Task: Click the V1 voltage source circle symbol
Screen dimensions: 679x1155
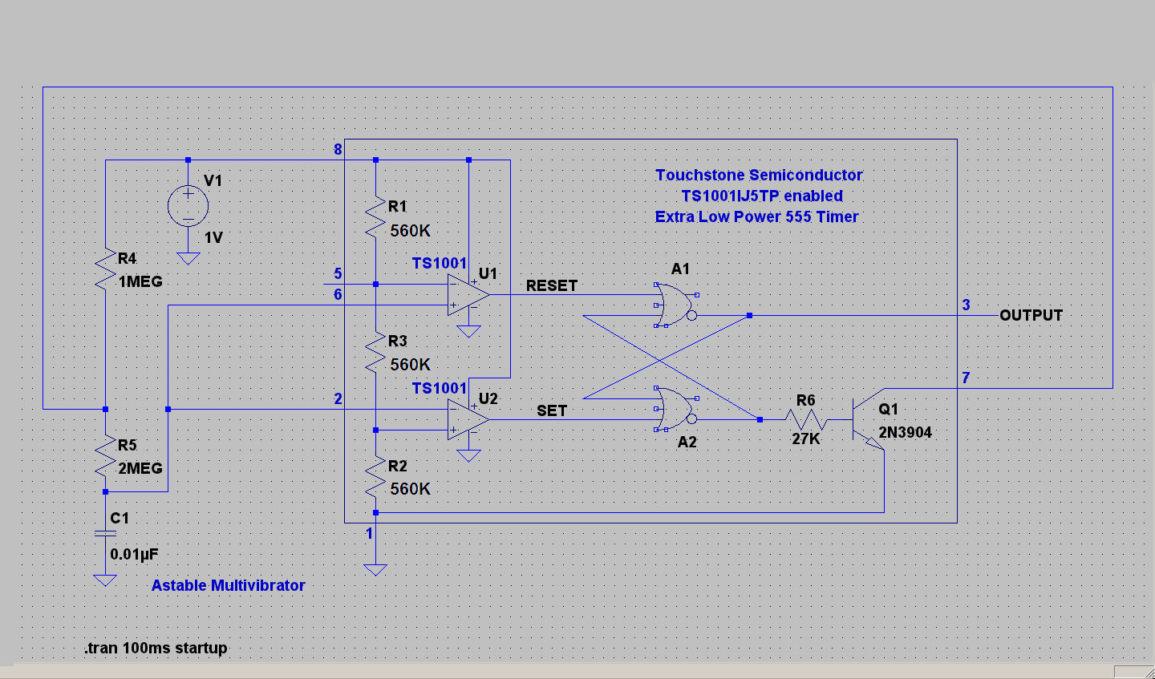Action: (x=188, y=207)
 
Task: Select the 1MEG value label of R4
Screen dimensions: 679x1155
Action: (x=140, y=281)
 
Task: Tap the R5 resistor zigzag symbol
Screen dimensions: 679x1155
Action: (x=105, y=455)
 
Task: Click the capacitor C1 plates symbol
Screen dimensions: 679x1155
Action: (x=105, y=533)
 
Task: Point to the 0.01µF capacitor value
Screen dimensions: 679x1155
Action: (x=134, y=554)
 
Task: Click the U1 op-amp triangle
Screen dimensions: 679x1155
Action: (x=468, y=294)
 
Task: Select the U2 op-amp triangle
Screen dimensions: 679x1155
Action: (x=468, y=419)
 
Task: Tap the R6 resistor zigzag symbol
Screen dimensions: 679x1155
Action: (x=806, y=419)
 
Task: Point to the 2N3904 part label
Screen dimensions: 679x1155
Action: (x=905, y=433)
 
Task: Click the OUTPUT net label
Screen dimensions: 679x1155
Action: (x=1031, y=315)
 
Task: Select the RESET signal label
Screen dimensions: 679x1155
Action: (x=551, y=285)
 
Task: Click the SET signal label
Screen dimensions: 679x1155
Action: (x=551, y=410)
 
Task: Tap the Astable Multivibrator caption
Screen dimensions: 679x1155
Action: (x=228, y=585)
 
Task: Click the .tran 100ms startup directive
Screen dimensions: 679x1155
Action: (x=156, y=648)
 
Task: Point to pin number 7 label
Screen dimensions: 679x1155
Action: (x=966, y=378)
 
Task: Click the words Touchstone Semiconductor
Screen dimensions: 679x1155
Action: (x=758, y=175)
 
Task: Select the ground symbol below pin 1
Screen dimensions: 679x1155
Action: (x=375, y=570)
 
